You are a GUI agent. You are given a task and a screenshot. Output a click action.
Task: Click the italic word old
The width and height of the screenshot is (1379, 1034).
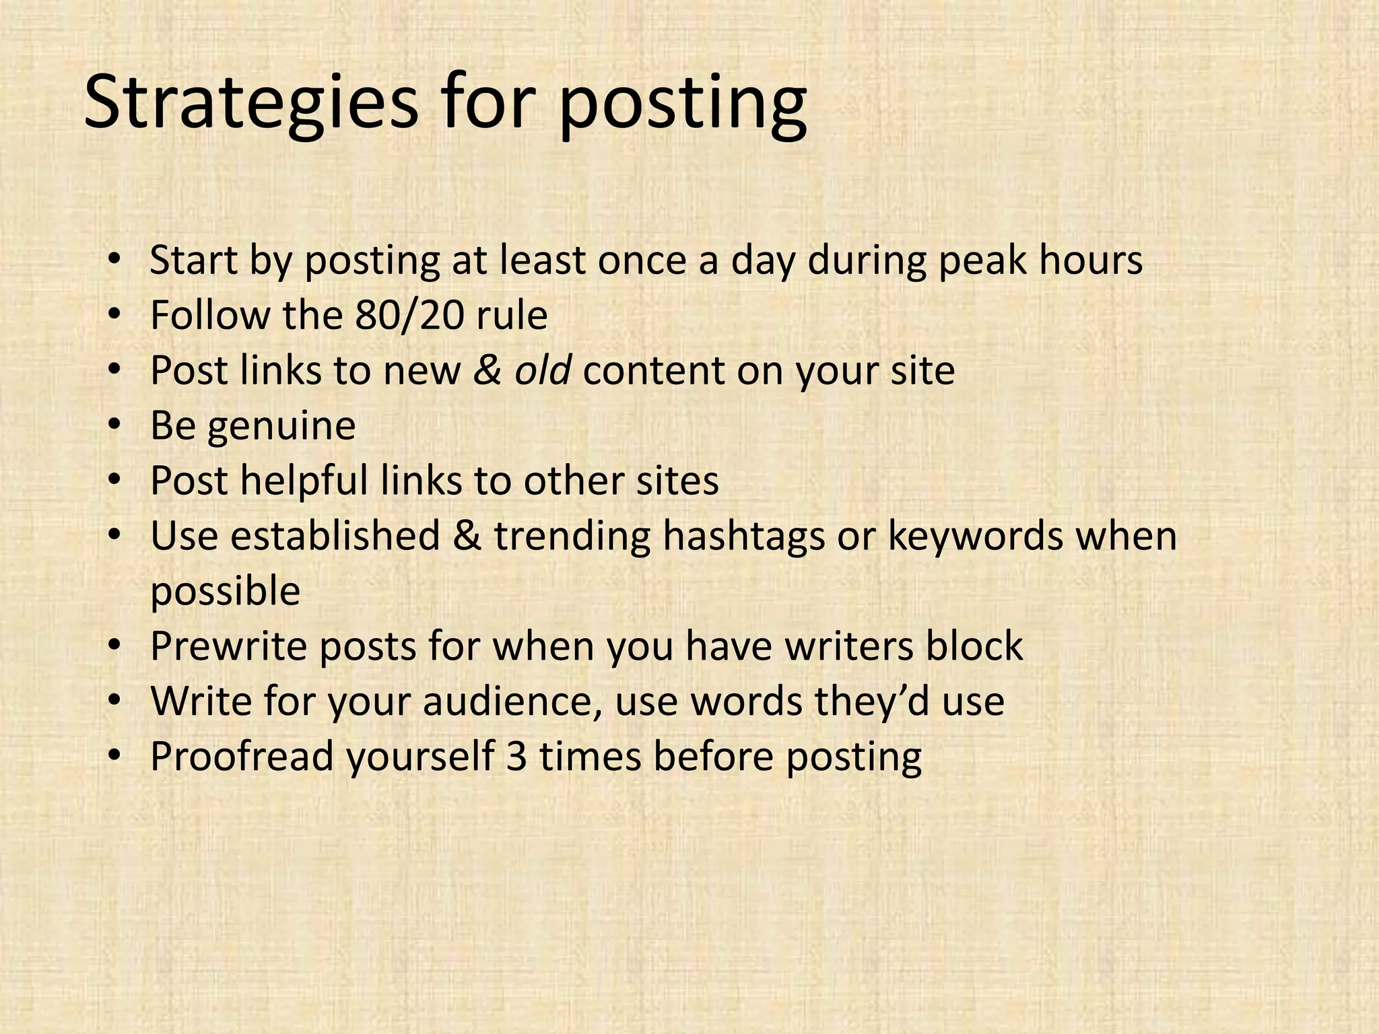543,370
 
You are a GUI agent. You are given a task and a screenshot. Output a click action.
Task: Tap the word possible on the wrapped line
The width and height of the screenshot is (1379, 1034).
225,592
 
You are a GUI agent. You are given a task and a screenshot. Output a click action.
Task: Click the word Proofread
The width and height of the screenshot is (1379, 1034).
242,757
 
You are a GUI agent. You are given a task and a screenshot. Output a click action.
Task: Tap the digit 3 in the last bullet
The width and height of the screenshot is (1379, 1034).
516,757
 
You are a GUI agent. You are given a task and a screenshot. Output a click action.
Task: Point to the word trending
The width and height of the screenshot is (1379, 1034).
572,537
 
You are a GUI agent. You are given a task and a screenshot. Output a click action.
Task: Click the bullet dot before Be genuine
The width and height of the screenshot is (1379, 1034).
114,425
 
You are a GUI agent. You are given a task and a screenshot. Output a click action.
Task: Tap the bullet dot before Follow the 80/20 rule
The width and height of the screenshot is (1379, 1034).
114,314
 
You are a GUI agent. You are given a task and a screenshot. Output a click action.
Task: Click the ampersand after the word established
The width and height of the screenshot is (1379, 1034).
467,537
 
